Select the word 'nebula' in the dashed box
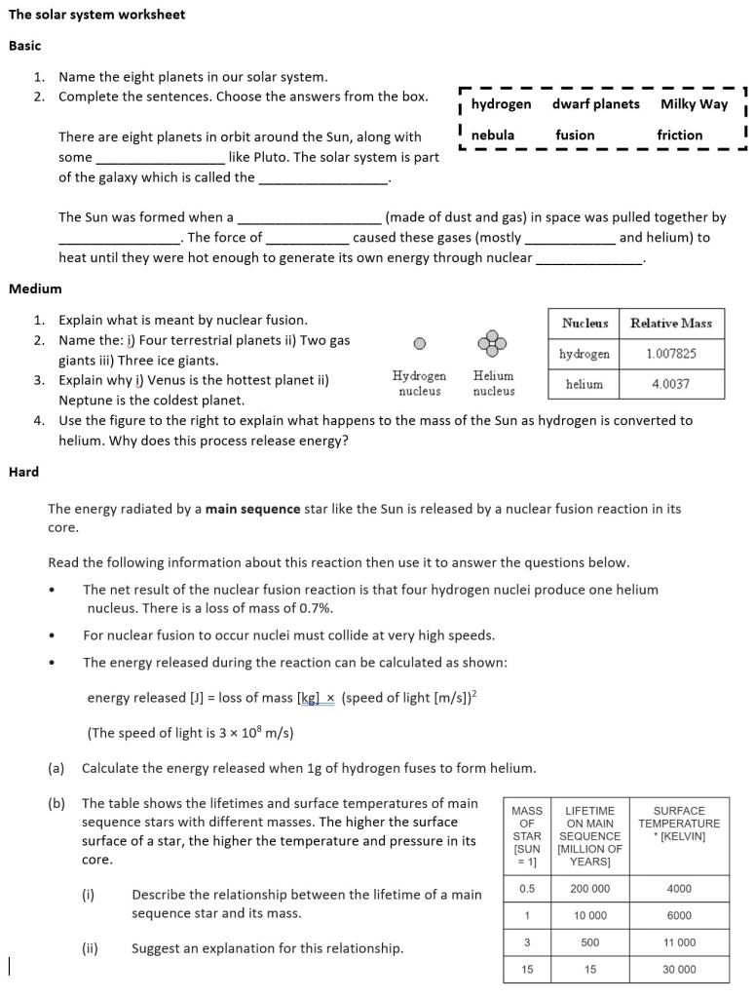point(493,134)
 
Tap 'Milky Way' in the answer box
point(694,104)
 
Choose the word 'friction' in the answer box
point(680,134)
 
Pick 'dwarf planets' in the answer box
point(596,104)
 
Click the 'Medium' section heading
point(35,288)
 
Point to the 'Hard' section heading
point(24,472)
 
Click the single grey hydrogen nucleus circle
point(419,343)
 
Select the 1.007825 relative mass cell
point(671,354)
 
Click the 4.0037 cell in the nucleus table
point(671,384)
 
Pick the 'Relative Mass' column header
point(671,323)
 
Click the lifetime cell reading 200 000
point(589,889)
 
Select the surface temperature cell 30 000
point(679,970)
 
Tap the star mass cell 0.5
point(528,889)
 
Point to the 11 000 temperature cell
point(679,942)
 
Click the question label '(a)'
point(57,768)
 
